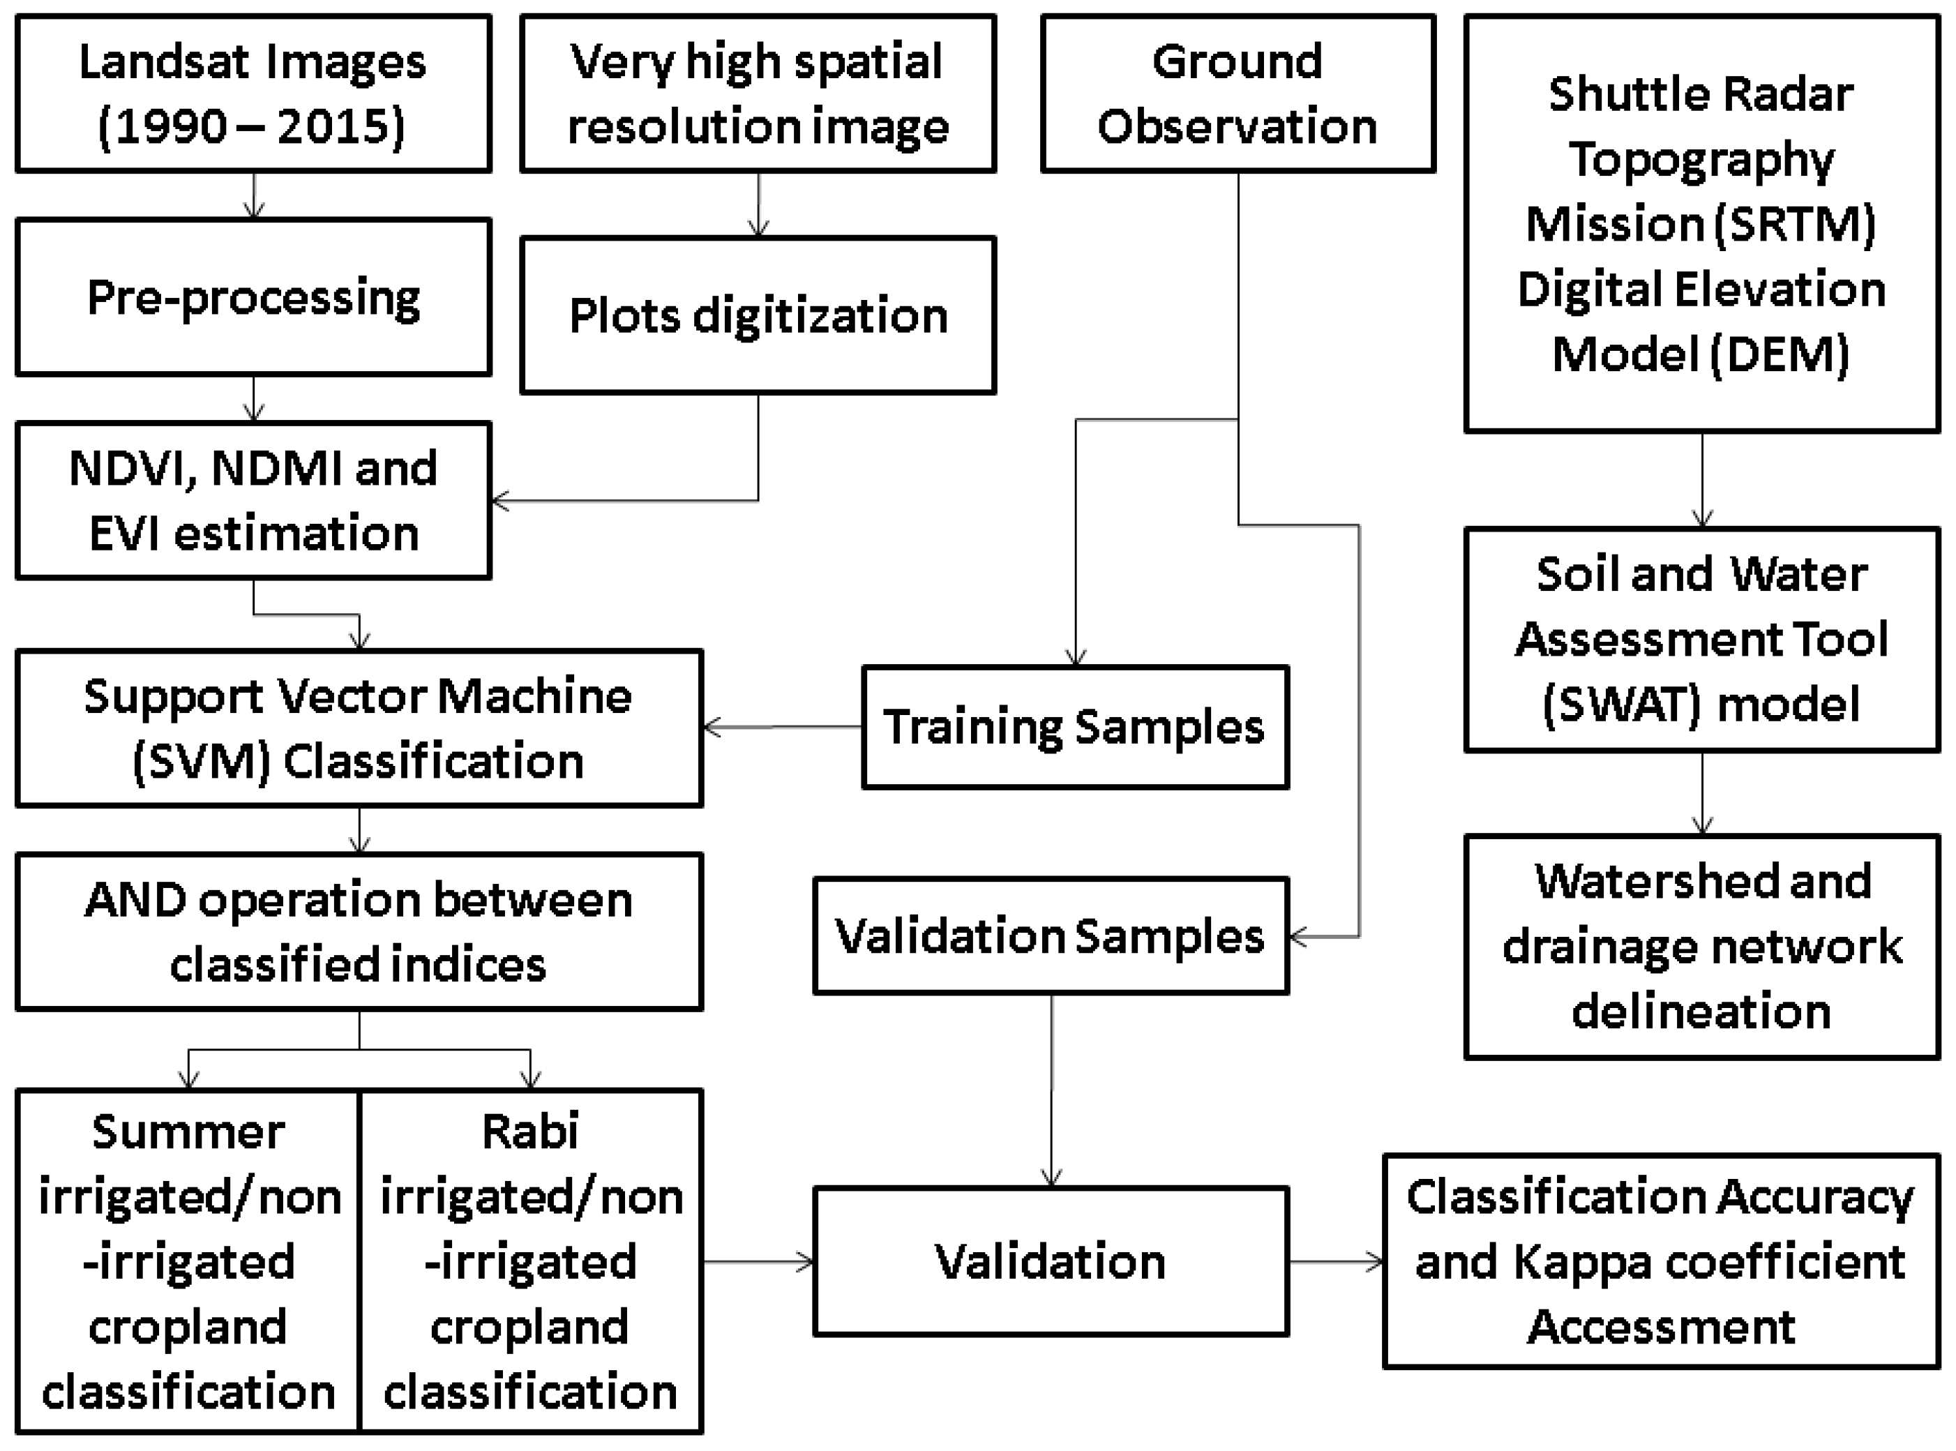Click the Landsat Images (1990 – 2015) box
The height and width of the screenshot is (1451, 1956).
pos(253,93)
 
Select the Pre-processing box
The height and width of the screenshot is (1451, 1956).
pos(253,297)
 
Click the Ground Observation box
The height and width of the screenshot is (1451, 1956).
pos(1237,93)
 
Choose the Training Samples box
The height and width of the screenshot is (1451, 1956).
pos(1074,728)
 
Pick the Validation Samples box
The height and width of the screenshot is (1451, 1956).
pos(1050,935)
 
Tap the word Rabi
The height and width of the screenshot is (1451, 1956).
pos(529,1132)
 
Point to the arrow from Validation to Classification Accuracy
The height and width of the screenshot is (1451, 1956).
pos(1335,1262)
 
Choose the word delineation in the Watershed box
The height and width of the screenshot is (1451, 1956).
pos(1701,1011)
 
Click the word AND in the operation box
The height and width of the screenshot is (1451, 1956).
pos(135,901)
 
